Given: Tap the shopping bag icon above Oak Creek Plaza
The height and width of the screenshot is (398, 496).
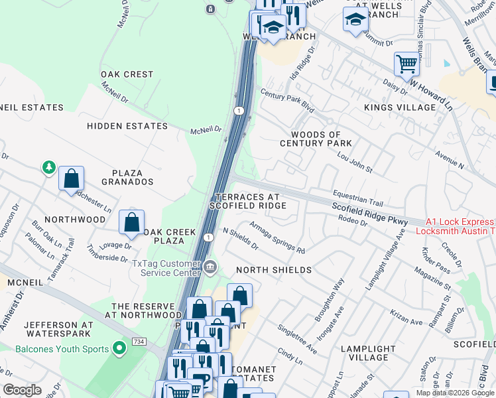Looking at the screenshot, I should pyautogui.click(x=132, y=222).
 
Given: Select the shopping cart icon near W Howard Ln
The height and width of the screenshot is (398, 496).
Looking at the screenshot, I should pyautogui.click(x=406, y=65).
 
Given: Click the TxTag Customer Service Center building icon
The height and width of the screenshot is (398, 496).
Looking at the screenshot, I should pyautogui.click(x=210, y=267).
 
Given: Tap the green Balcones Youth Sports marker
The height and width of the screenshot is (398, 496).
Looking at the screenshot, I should pyautogui.click(x=119, y=348).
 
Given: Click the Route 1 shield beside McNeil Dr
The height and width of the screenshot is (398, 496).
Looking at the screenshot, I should pyautogui.click(x=239, y=110).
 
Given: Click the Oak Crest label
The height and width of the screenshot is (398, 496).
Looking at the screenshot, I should pyautogui.click(x=127, y=74).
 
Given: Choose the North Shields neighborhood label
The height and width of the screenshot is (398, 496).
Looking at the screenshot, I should pyautogui.click(x=274, y=270).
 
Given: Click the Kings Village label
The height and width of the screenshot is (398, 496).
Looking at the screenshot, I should pyautogui.click(x=399, y=107).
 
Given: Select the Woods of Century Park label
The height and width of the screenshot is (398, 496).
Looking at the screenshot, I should pyautogui.click(x=316, y=139).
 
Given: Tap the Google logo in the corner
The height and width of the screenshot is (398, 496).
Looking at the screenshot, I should pyautogui.click(x=23, y=390).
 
